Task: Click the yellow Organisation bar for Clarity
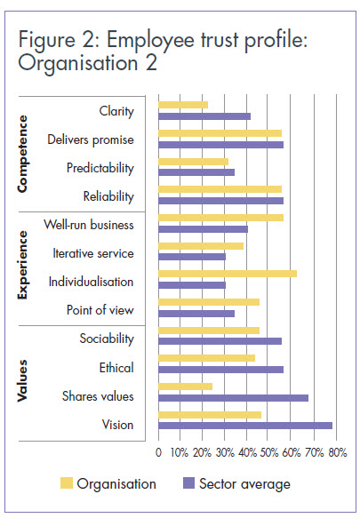182,105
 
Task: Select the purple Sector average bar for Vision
245,426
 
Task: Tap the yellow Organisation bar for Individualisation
227,274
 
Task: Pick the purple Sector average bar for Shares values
233,397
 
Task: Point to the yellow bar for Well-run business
220,218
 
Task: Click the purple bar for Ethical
220,370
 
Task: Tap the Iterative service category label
93,253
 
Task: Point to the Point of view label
100,310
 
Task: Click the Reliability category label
108,195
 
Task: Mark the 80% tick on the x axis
337,452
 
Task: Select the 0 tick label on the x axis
158,452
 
